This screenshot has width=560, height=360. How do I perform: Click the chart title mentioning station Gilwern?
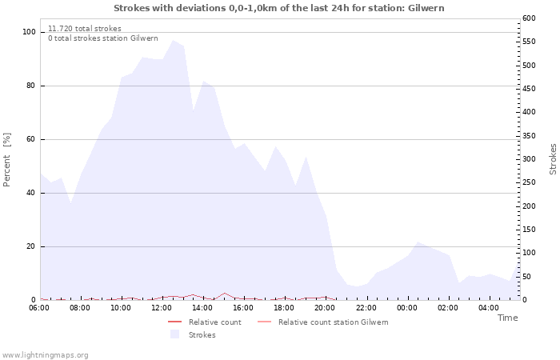pyautogui.click(x=279, y=8)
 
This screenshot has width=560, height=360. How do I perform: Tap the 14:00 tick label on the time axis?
pyautogui.click(x=202, y=307)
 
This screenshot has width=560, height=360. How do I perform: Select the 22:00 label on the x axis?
pyautogui.click(x=366, y=307)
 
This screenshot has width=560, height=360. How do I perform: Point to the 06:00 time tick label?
pyautogui.click(x=39, y=307)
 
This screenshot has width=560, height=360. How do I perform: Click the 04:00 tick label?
pyautogui.click(x=490, y=307)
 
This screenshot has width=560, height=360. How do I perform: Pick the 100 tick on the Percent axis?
pyautogui.click(x=30, y=32)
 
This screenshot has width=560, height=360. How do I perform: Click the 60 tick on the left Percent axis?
pyautogui.click(x=32, y=139)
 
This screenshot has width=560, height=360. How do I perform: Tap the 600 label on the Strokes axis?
pyautogui.click(x=529, y=18)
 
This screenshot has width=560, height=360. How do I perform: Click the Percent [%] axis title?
pyautogui.click(x=7, y=160)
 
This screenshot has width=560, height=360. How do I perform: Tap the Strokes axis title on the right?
pyautogui.click(x=553, y=159)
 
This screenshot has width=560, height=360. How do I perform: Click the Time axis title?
pyautogui.click(x=507, y=318)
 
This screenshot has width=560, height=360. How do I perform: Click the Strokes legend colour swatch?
pyautogui.click(x=174, y=334)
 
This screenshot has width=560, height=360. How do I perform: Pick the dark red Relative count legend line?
pyautogui.click(x=174, y=322)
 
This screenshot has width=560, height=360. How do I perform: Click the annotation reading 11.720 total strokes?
pyautogui.click(x=85, y=28)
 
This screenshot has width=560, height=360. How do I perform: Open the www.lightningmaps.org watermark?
pyautogui.click(x=45, y=354)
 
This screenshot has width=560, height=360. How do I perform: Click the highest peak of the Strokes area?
pyautogui.click(x=173, y=40)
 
